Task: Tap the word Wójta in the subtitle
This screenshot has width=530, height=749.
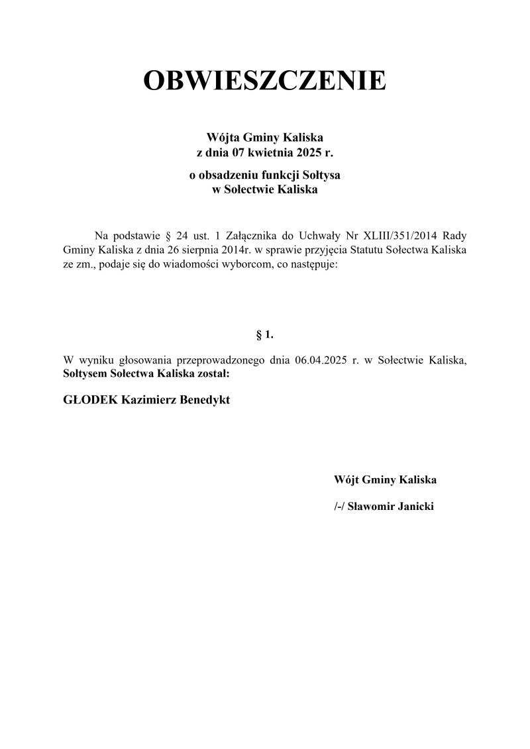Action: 223,138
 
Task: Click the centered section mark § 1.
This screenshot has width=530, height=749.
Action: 265,336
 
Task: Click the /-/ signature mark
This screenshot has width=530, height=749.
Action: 342,507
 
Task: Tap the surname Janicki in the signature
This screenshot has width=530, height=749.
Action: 415,507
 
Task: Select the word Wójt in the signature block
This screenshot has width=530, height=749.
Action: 348,479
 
